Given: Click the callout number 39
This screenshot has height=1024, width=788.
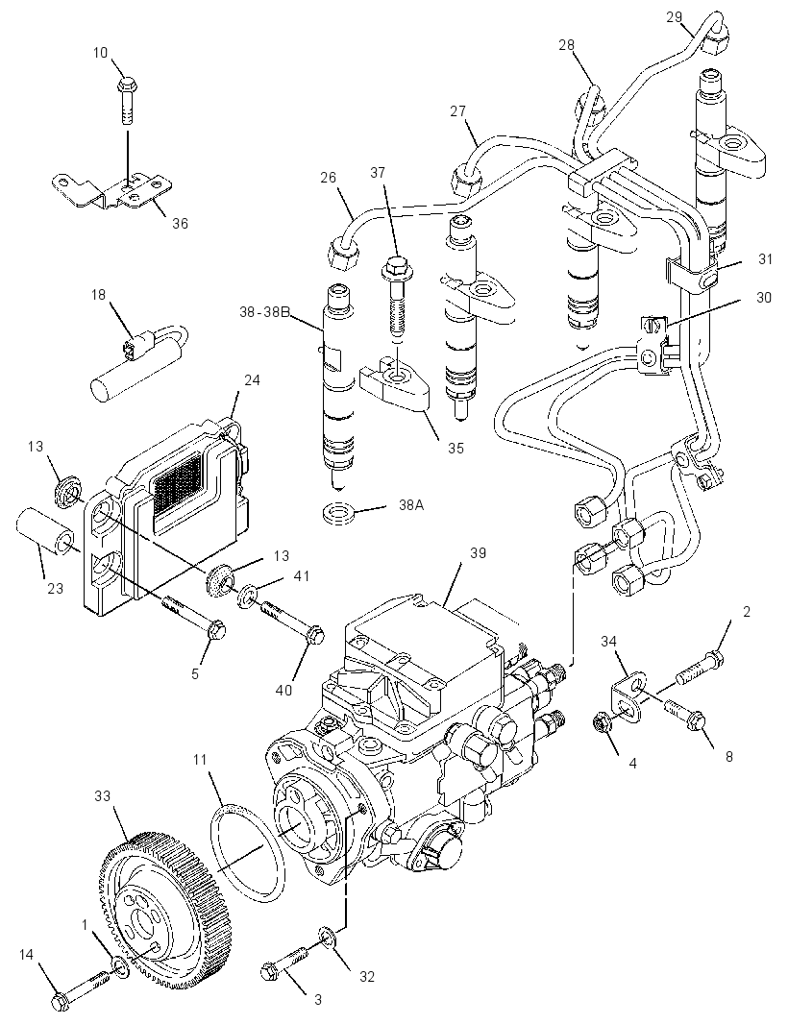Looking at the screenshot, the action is click(478, 552).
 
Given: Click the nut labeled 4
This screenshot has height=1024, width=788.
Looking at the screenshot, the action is click(602, 724).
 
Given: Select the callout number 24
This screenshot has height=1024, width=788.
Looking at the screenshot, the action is click(252, 379).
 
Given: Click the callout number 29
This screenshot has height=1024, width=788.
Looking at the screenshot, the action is click(675, 16).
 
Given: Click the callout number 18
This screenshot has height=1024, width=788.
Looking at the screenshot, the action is click(98, 295).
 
